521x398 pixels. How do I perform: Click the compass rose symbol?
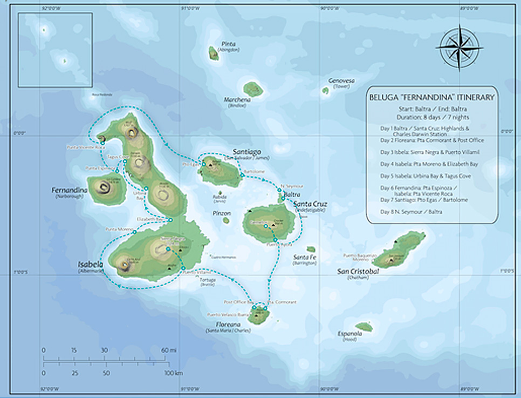coord(459,47)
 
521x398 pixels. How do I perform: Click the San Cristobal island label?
coord(358,271)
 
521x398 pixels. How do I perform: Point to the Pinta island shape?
coord(214,53)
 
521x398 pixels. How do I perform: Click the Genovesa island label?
coord(341,81)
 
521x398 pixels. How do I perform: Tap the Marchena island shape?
coord(252,89)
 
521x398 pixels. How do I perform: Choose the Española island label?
coord(349,334)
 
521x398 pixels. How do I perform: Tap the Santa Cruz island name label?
coord(310,204)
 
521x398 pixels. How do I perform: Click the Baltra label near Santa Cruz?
coord(292,193)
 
